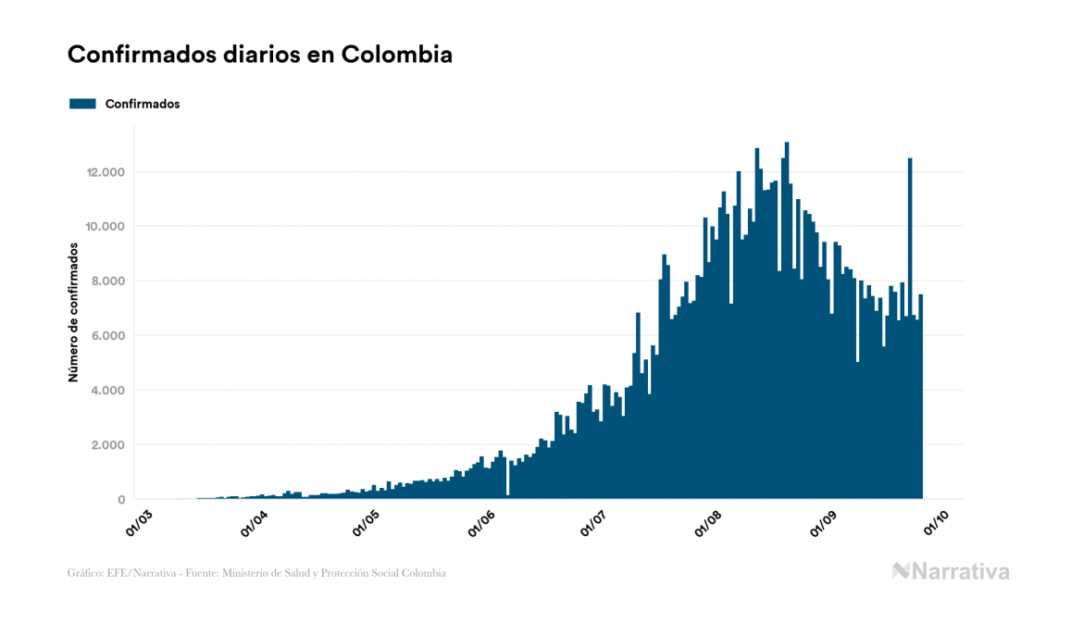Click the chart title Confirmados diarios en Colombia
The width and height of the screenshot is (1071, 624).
coord(260,55)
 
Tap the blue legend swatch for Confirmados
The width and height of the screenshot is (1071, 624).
coord(83,104)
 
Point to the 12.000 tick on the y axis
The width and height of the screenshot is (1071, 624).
coord(106,172)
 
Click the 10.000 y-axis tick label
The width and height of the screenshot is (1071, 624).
coord(106,227)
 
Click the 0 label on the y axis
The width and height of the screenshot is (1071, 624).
coord(121,500)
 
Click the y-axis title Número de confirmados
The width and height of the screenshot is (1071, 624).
coord(72,313)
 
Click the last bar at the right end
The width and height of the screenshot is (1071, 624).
coord(921,398)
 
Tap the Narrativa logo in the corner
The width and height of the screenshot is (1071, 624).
coord(951,571)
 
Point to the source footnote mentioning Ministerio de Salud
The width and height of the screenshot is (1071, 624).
coord(256,573)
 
